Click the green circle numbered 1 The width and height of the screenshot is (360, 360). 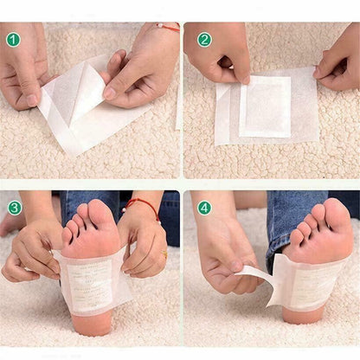click(x=13, y=40)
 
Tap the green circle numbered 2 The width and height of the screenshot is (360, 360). click(x=204, y=40)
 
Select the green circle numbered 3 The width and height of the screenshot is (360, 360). click(x=15, y=208)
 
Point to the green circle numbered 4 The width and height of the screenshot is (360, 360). click(x=204, y=208)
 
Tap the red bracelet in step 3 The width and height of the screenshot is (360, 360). click(x=144, y=208)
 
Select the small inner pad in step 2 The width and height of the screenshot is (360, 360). click(x=265, y=106)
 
